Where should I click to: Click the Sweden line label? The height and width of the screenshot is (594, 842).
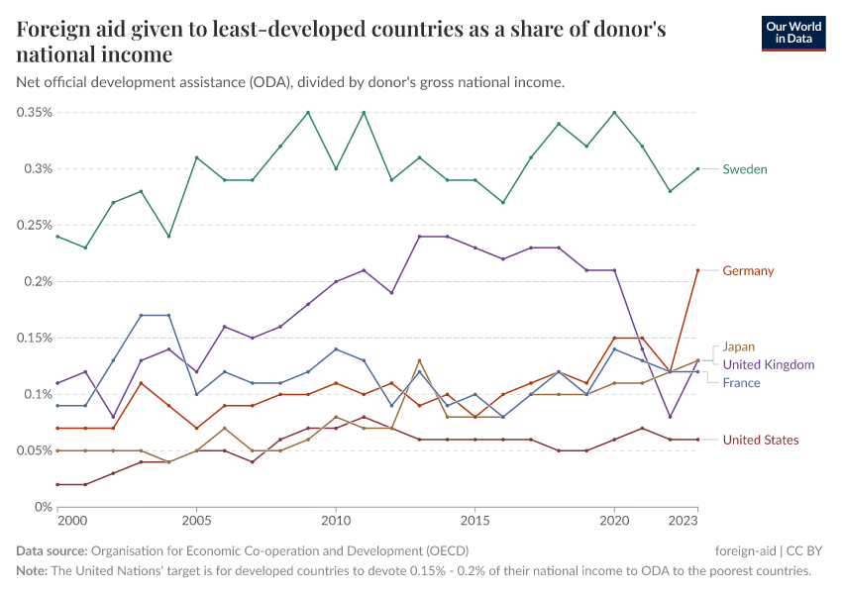(x=744, y=169)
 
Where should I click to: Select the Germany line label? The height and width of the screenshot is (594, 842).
(x=748, y=270)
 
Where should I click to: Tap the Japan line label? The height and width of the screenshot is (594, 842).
(x=738, y=346)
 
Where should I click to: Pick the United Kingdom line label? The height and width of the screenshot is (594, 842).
(x=769, y=364)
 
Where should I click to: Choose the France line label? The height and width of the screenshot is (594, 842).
(x=741, y=382)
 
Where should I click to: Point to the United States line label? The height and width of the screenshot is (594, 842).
(x=760, y=440)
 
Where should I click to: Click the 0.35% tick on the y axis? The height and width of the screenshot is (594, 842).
(x=34, y=112)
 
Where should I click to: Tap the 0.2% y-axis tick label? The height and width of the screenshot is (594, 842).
(x=37, y=281)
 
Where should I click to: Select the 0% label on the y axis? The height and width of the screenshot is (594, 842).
(x=42, y=507)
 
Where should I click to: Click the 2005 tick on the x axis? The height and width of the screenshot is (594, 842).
(x=196, y=519)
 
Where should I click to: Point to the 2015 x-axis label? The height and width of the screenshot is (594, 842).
(x=475, y=519)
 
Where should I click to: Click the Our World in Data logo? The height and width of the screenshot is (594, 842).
(x=792, y=33)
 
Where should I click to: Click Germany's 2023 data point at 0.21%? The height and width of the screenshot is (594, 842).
(x=697, y=270)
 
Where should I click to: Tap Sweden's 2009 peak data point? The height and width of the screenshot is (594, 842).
(x=308, y=112)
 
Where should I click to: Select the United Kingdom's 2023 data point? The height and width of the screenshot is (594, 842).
(x=697, y=360)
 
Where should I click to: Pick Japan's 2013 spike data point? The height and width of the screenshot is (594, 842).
(x=420, y=360)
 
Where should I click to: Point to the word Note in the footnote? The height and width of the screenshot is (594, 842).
(x=32, y=571)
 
